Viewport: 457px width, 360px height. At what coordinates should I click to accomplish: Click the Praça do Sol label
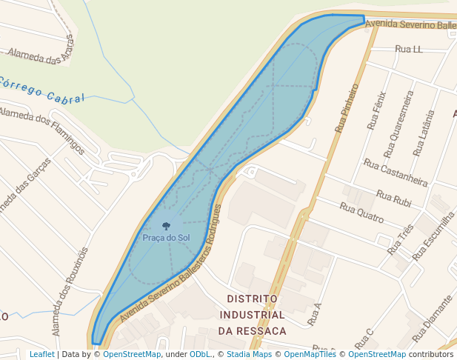[x=166, y=238]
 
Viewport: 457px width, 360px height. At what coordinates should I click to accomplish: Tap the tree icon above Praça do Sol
[x=166, y=225]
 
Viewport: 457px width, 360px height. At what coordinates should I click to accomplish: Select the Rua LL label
[x=409, y=49]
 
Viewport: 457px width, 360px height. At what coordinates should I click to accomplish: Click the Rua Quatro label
[x=361, y=213]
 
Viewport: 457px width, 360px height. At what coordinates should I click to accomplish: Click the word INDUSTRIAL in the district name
[x=253, y=314]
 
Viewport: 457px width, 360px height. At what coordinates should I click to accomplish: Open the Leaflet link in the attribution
[x=41, y=354]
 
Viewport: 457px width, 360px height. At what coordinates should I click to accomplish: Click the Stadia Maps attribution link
[x=248, y=354]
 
